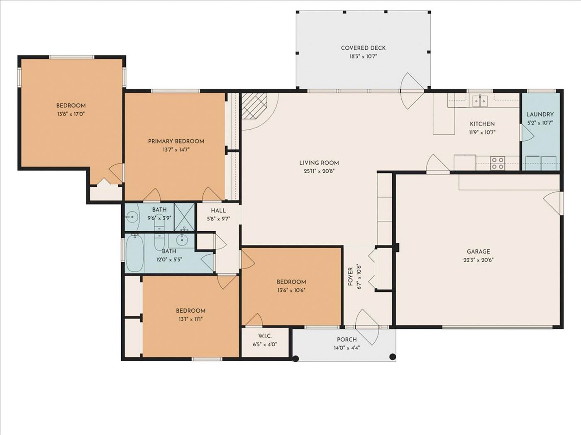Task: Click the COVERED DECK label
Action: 363,48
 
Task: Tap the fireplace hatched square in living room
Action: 254,106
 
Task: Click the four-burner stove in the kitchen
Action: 498,163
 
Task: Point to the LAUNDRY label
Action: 540,114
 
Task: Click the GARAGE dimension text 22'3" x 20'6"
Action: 478,260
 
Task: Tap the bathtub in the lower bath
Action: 135,253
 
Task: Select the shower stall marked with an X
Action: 184,217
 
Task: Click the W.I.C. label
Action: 265,336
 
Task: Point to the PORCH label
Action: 347,339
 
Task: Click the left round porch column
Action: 296,358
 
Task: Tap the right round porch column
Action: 393,357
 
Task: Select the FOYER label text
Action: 350,276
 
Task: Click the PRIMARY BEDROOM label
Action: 176,141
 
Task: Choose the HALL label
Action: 218,210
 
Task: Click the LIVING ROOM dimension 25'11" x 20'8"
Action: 319,171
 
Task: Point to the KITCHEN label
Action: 482,124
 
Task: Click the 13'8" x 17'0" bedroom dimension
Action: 71,114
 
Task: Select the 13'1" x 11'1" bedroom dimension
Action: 190,319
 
